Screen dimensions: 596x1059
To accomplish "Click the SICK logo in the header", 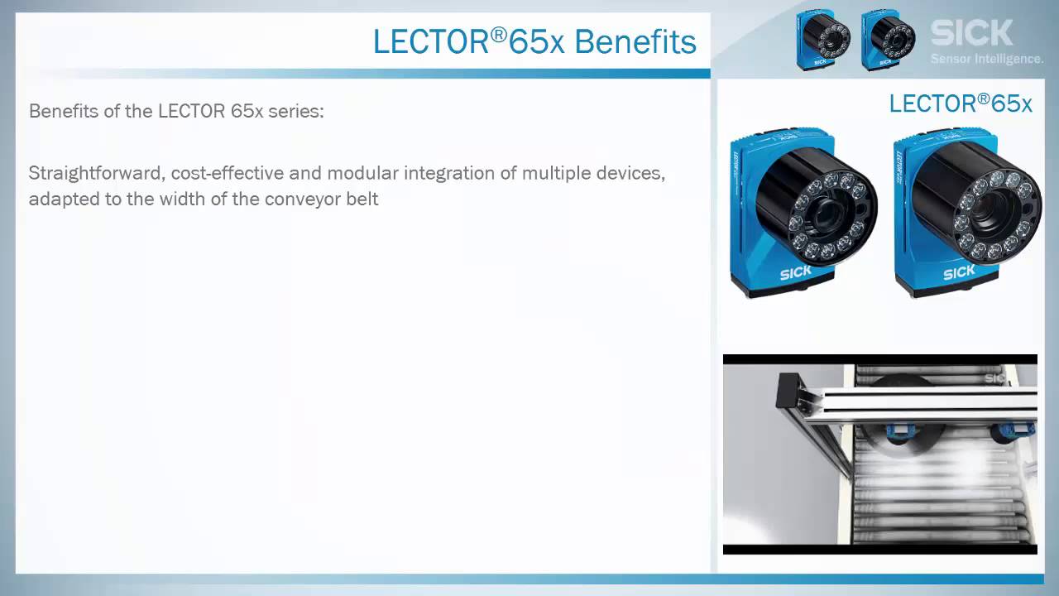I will pyautogui.click(x=971, y=33).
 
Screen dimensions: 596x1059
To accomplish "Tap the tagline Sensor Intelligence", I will pyautogui.click(x=986, y=59).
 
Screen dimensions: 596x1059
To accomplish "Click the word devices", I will pyautogui.click(x=635, y=174).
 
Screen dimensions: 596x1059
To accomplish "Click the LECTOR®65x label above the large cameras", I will pyautogui.click(x=960, y=103).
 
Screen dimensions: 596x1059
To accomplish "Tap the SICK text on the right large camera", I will pyautogui.click(x=958, y=272).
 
